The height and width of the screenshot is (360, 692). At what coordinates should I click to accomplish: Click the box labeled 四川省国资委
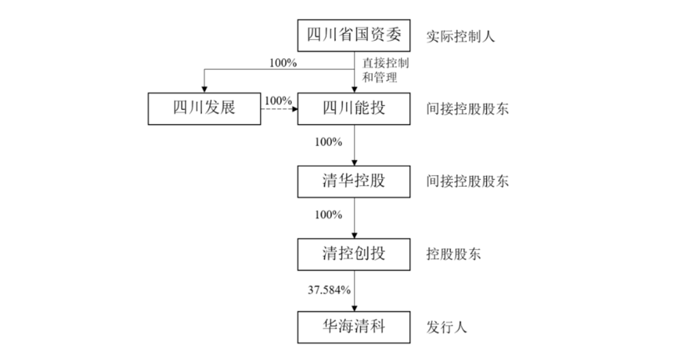pyautogui.click(x=354, y=35)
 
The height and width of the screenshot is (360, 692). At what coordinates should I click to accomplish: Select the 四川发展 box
pyautogui.click(x=203, y=107)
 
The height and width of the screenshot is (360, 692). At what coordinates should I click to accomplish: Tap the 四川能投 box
pyautogui.click(x=354, y=107)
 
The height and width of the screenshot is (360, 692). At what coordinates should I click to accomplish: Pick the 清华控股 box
pyautogui.click(x=354, y=180)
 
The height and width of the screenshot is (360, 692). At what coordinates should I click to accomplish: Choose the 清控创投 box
pyautogui.click(x=354, y=252)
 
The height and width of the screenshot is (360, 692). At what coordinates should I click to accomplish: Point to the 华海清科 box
pyautogui.click(x=354, y=324)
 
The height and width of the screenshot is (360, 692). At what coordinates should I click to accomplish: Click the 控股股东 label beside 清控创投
pyautogui.click(x=454, y=252)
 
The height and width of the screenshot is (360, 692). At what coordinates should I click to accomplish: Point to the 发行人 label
pyautogui.click(x=447, y=325)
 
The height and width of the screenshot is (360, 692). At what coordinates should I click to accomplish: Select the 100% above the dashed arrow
pyautogui.click(x=278, y=100)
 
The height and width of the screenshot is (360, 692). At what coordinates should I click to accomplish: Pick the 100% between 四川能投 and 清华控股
pyautogui.click(x=328, y=142)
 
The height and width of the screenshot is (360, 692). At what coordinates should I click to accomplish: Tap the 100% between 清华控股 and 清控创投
pyautogui.click(x=328, y=214)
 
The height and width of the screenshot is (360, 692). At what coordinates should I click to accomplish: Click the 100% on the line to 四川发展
pyautogui.click(x=283, y=62)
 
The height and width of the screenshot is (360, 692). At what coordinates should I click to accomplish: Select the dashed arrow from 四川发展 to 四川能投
pyautogui.click(x=279, y=108)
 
